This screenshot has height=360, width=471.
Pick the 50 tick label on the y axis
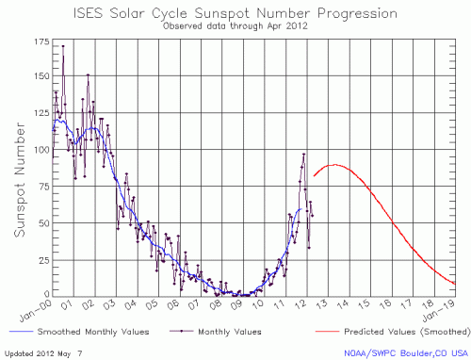point(42,223)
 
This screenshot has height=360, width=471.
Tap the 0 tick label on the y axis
point(46,295)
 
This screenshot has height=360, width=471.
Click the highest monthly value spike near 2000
point(63,45)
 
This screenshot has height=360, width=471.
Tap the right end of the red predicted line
point(456,284)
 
